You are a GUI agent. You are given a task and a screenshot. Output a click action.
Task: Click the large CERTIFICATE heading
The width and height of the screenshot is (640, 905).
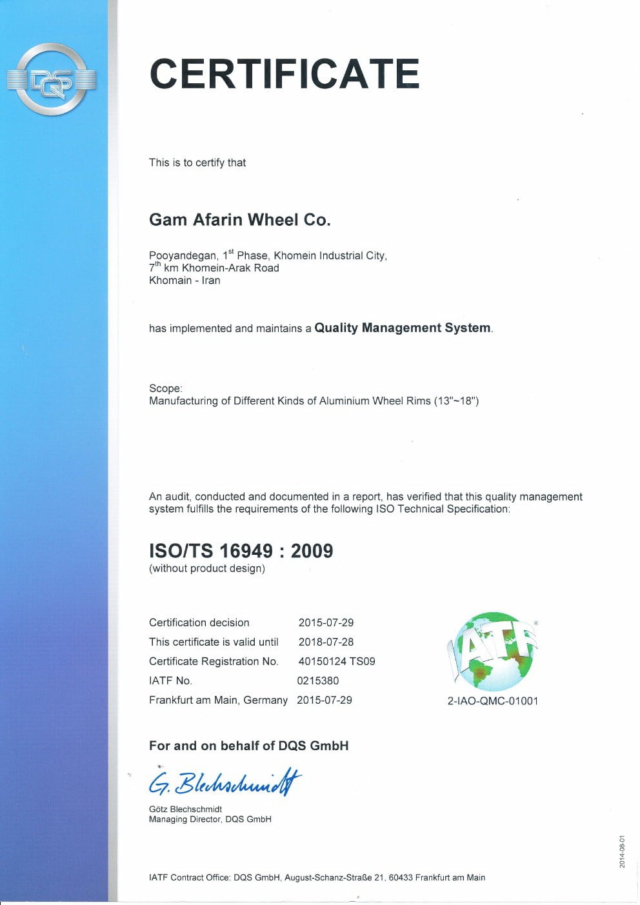point(285,73)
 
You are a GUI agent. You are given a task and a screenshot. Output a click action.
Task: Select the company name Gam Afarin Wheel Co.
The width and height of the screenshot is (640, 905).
point(239,220)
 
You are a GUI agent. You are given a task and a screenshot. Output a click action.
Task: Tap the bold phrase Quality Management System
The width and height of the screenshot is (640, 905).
point(403,328)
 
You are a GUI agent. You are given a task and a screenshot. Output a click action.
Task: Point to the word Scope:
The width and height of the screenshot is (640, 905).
point(166,388)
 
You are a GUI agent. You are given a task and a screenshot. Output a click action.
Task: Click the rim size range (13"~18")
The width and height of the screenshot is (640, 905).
point(456,401)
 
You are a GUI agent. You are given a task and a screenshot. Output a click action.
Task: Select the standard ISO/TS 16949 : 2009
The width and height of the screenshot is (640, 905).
point(241,551)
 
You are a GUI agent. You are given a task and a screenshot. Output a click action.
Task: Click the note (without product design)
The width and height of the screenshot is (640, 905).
point(206,568)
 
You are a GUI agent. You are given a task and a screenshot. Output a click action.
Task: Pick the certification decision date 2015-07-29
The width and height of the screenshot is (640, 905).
point(326,622)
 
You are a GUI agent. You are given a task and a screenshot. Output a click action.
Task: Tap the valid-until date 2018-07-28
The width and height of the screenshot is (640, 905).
point(326,642)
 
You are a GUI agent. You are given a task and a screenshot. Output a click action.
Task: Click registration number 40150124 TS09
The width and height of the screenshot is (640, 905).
point(336,661)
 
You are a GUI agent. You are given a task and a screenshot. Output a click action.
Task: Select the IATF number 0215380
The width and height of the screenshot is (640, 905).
point(317,681)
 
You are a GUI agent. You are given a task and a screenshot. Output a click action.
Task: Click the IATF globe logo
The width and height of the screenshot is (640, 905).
point(493,651)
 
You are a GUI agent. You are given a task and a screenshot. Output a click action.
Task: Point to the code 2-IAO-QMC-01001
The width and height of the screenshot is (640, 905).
point(492,701)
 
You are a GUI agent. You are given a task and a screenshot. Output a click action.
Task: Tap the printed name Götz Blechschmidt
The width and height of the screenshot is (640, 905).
point(185,809)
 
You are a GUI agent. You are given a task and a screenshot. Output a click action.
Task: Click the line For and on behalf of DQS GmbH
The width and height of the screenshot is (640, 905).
point(248,746)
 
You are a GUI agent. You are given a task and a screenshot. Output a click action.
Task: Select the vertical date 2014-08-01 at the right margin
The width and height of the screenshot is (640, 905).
point(622,850)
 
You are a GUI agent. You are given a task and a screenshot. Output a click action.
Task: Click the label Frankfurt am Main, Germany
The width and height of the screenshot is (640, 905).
point(218,700)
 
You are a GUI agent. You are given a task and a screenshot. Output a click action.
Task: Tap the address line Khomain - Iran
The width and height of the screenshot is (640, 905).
point(185,281)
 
